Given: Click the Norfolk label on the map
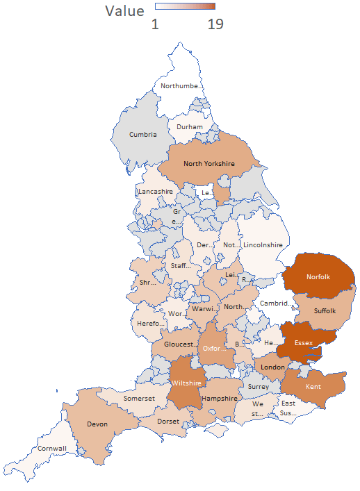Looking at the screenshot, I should point(318,277).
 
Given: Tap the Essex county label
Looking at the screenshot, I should point(304,343).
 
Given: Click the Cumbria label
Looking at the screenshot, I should point(143,134).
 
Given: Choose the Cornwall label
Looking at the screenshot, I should point(52,449).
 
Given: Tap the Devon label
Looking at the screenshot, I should point(97,423).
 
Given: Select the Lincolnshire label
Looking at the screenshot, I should point(263,245).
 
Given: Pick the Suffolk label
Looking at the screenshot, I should point(325,310).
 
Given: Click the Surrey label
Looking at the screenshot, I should point(258,387).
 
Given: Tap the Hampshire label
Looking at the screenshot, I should point(219,399).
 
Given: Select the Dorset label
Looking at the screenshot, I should point(168,422).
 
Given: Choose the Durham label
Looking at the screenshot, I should point(190,127).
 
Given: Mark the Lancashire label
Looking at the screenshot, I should point(156,191).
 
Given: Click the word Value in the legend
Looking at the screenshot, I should point(125,11).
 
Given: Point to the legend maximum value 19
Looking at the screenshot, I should point(215,24).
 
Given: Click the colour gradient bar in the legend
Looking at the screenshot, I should point(185,6).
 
